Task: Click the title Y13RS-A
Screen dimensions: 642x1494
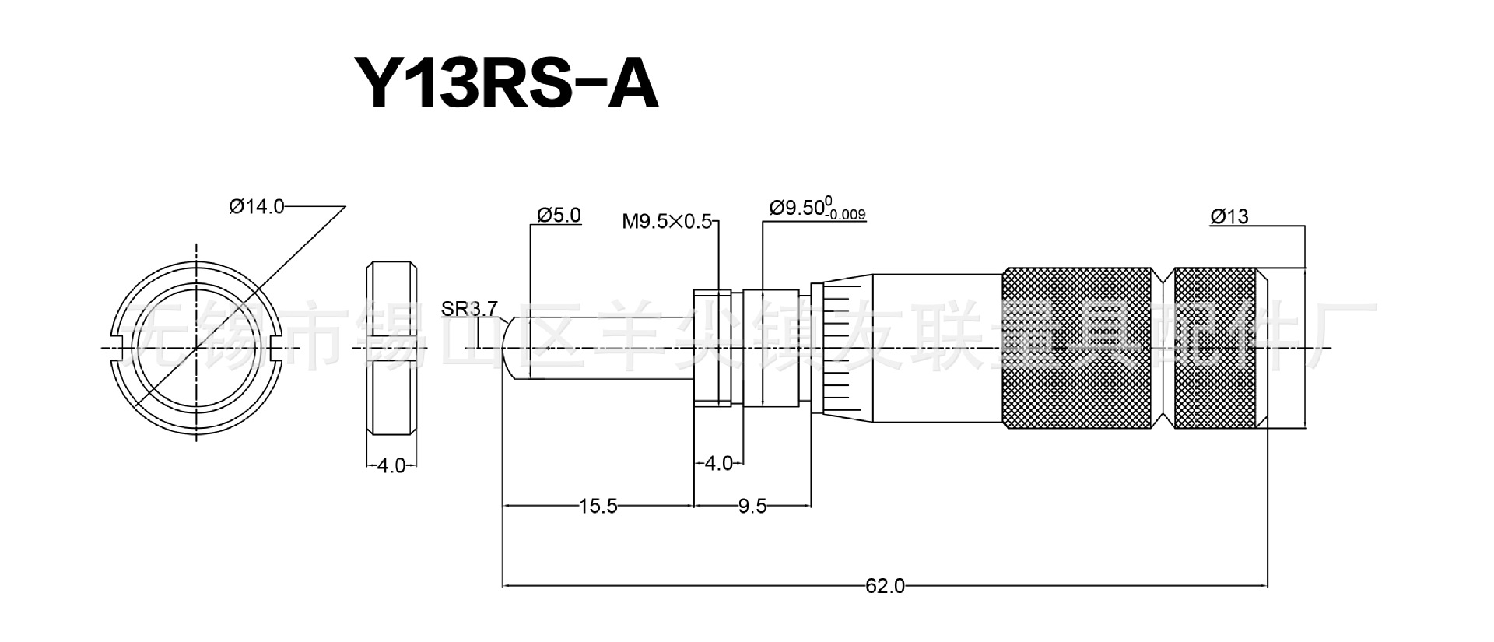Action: (507, 82)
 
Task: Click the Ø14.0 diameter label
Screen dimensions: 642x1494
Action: (257, 206)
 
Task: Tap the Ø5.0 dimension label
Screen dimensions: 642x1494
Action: (559, 216)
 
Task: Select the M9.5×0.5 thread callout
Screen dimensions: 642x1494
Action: (667, 222)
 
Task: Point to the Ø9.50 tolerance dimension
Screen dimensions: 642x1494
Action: (817, 209)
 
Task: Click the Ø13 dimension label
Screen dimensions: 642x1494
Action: (1229, 217)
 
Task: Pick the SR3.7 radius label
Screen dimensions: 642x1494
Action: (468, 309)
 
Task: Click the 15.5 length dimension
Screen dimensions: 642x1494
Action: (598, 507)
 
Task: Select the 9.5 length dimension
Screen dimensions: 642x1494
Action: (752, 507)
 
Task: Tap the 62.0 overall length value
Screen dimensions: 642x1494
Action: (885, 585)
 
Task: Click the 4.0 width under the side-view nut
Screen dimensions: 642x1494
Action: (391, 466)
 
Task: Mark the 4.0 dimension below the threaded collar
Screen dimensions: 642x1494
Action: (717, 464)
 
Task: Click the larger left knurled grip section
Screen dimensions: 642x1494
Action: (1078, 348)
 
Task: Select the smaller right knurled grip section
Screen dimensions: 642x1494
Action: (1214, 348)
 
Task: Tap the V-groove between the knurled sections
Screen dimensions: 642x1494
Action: (1164, 348)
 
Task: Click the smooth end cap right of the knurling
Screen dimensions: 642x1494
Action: (1282, 348)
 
